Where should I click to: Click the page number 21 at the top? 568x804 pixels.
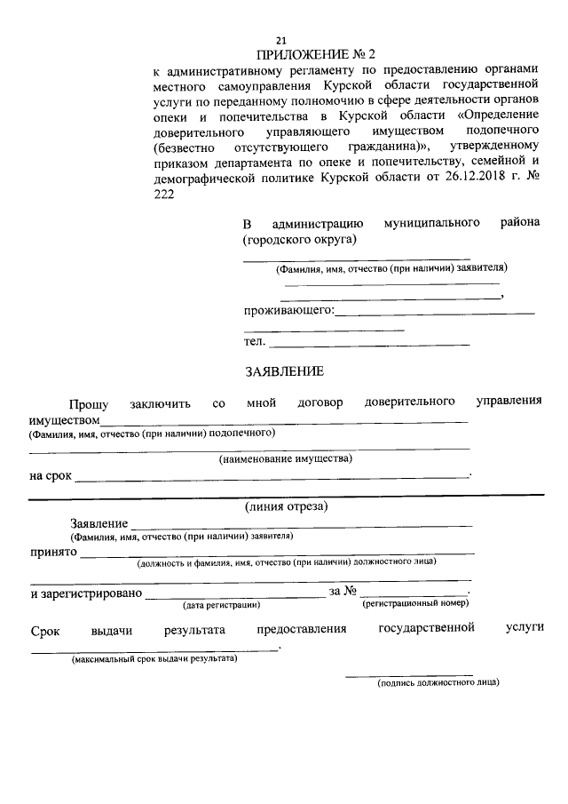pyautogui.click(x=281, y=40)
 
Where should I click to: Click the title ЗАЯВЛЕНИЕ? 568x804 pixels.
pyautogui.click(x=284, y=371)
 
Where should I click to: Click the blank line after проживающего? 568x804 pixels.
pyautogui.click(x=435, y=313)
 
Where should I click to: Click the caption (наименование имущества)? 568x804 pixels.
pyautogui.click(x=286, y=458)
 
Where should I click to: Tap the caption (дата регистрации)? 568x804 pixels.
pyautogui.click(x=221, y=605)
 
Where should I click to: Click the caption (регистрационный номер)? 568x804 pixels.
pyautogui.click(x=415, y=604)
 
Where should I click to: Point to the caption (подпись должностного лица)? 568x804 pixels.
pyautogui.click(x=438, y=682)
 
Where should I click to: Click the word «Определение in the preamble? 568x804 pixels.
pyautogui.click(x=497, y=116)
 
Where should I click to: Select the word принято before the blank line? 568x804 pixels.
pyautogui.click(x=53, y=552)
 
